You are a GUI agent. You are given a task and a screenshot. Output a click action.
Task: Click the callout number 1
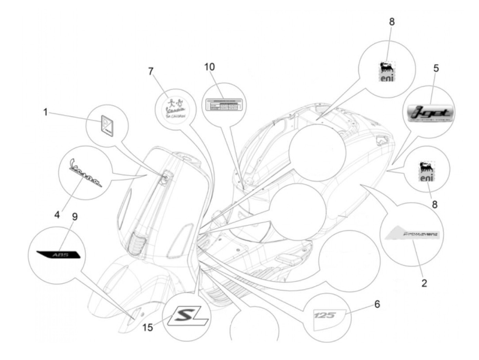[x=46, y=112]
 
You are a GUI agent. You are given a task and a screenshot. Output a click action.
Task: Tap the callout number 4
[x=57, y=215]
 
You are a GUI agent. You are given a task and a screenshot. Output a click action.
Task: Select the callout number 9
[x=75, y=217]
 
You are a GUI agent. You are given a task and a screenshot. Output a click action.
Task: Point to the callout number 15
[x=148, y=327]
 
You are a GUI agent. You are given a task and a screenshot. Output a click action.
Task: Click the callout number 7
[x=151, y=71]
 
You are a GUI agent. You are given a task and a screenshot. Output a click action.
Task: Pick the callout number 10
[x=209, y=67]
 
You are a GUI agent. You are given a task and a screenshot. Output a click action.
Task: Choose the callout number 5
[x=436, y=68]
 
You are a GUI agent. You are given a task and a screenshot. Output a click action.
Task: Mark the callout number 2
[x=424, y=283]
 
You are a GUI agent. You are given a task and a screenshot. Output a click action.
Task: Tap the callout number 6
[x=377, y=304]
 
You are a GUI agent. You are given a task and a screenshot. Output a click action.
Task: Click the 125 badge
[x=325, y=315]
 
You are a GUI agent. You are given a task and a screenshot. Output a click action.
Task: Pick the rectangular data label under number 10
[x=224, y=104]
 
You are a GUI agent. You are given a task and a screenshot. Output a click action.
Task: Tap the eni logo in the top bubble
[x=387, y=72]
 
